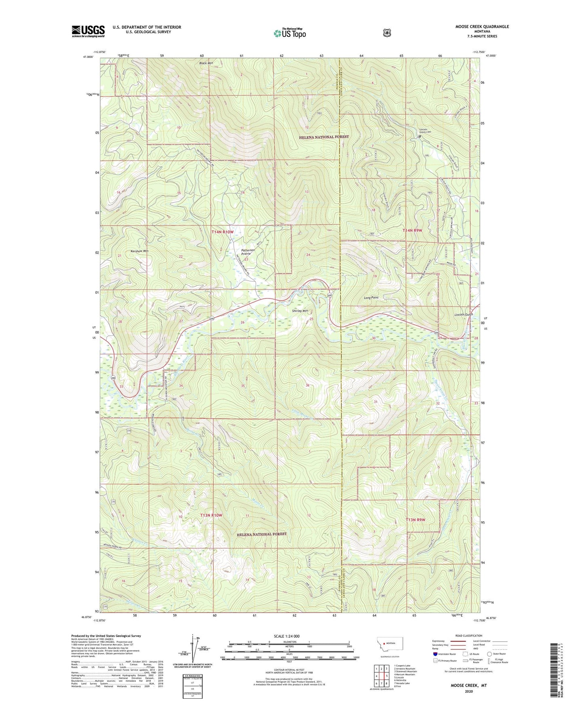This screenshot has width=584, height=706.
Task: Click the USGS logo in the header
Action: [88, 31]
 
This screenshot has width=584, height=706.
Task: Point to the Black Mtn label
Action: [206, 63]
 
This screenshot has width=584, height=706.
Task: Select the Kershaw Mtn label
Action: [139, 251]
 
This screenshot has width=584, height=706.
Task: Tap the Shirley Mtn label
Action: [300, 311]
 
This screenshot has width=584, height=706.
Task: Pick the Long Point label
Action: [371, 298]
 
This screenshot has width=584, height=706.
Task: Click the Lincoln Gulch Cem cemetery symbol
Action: [420, 137]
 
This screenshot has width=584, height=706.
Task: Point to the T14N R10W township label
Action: [223, 232]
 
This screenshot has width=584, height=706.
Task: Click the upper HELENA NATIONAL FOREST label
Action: [324, 137]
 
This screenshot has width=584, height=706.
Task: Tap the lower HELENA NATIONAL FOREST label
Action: [261, 534]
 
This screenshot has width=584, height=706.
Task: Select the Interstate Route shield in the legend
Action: [435, 654]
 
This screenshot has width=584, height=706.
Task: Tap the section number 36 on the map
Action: [308, 385]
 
